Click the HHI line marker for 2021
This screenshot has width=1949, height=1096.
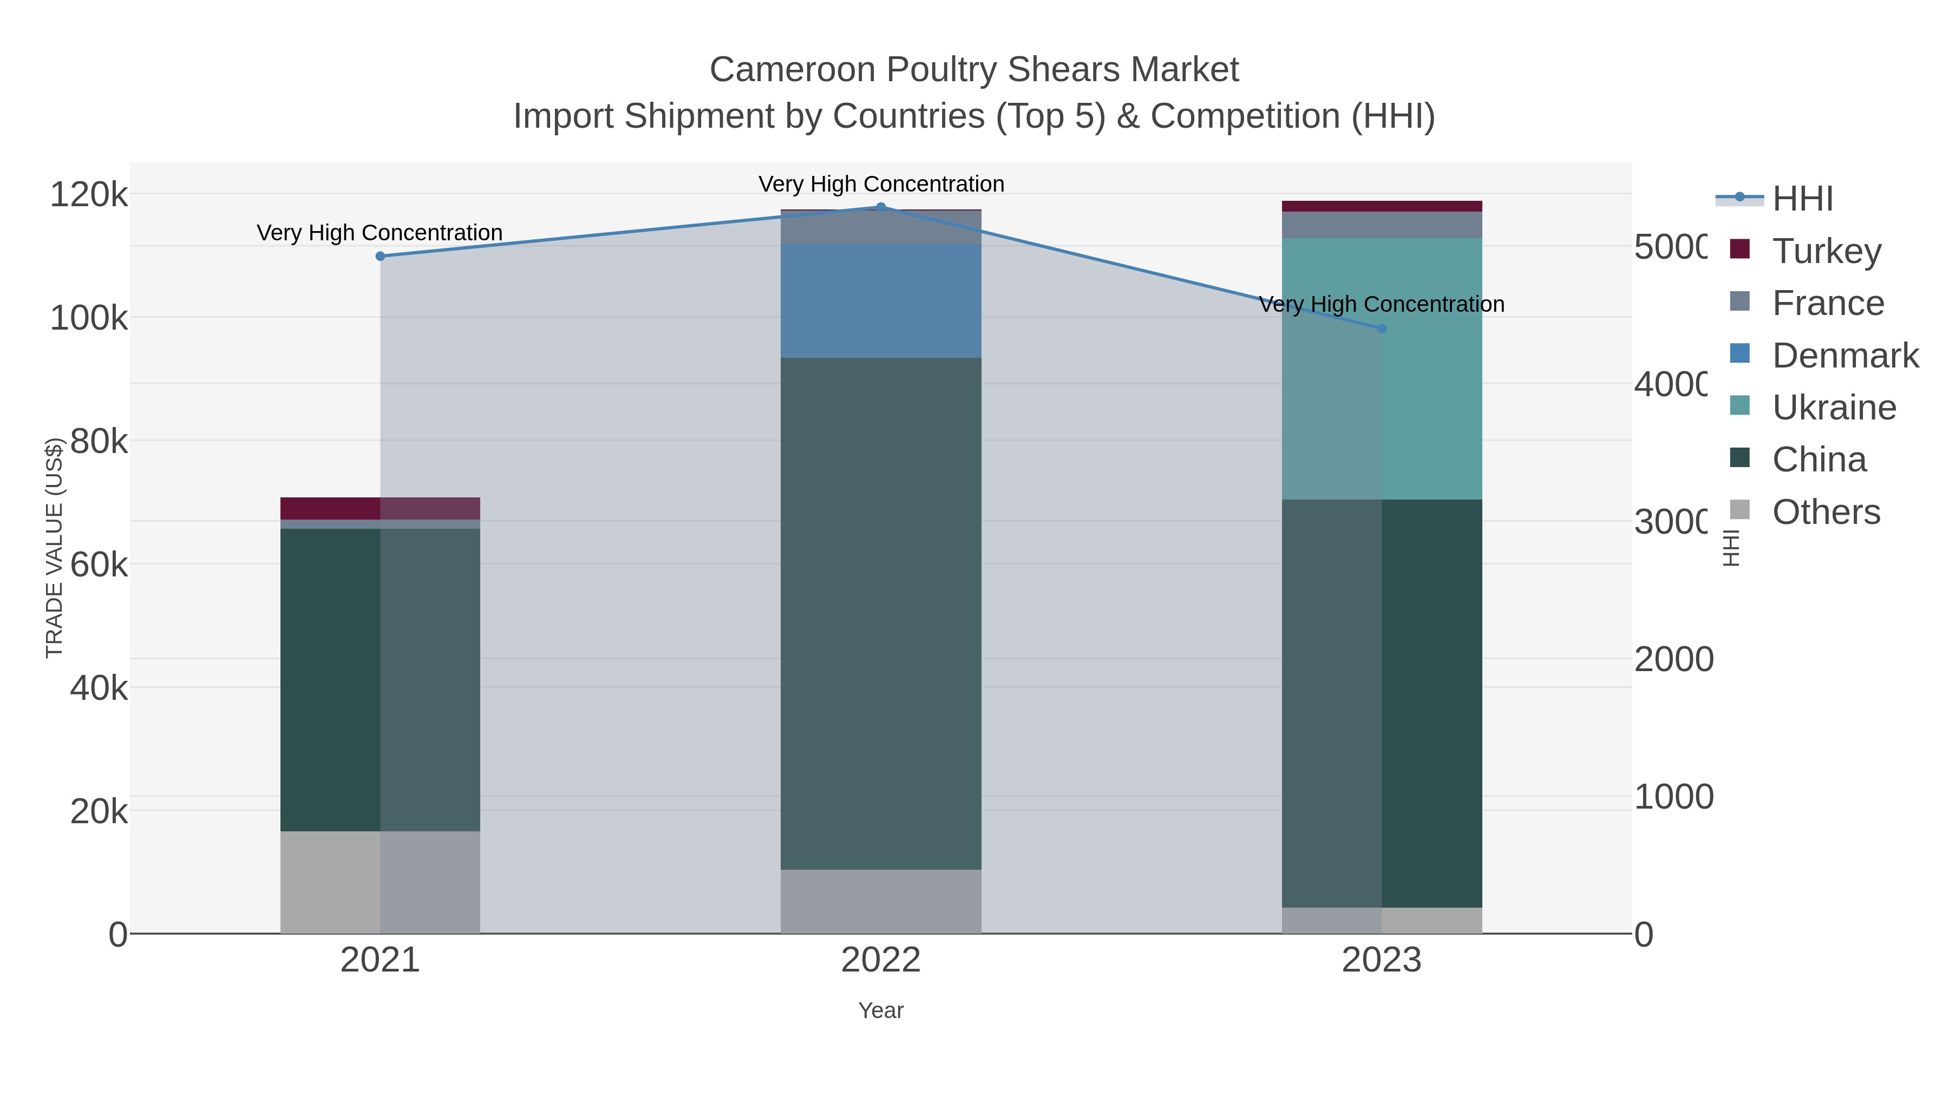coord(381,257)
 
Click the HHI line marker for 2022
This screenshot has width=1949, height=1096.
coord(881,207)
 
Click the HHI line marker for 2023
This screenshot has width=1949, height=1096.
coord(1382,329)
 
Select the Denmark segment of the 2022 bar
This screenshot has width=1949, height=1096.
coord(881,300)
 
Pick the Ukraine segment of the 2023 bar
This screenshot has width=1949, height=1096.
coord(1382,369)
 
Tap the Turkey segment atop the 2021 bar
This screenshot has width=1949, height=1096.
coord(380,508)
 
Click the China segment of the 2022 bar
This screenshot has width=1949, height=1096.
coord(881,613)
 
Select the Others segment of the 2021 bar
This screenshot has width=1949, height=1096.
coord(380,882)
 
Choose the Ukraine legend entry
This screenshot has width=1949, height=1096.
coord(1834,408)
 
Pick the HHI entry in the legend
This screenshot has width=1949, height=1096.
coord(1802,199)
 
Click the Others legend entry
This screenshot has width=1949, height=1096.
coord(1826,512)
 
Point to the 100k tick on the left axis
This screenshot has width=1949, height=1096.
coord(89,318)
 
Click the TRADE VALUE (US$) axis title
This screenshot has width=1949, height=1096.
coord(54,548)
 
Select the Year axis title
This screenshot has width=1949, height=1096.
coord(881,1010)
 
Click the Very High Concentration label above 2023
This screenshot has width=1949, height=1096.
coord(1382,304)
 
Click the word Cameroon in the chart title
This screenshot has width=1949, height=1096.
coord(793,70)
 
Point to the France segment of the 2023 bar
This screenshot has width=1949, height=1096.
coord(1382,225)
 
